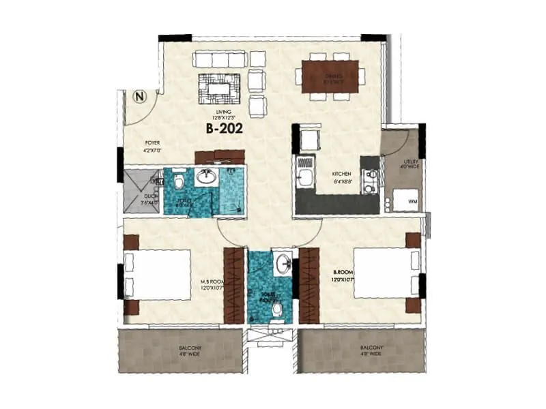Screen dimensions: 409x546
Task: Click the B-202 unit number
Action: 223,127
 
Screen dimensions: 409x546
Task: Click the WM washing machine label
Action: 413,202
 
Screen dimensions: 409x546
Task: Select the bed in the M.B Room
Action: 158,274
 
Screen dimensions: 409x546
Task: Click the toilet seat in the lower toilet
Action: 277,311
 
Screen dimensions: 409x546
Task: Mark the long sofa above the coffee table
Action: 219,59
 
